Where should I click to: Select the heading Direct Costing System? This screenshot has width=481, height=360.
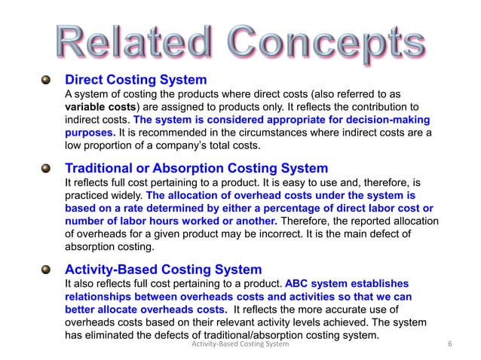pyautogui.click(x=136, y=79)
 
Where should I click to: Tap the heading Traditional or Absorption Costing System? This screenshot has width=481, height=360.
pyautogui.click(x=196, y=168)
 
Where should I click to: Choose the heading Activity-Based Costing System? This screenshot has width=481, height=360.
pyautogui.click(x=163, y=269)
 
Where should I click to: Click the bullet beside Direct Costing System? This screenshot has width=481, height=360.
pyautogui.click(x=47, y=79)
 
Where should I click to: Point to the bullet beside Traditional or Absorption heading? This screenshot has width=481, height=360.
pyautogui.click(x=47, y=168)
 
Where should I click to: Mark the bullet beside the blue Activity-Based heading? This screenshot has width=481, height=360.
pyautogui.click(x=47, y=269)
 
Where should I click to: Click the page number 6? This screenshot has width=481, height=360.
pyautogui.click(x=449, y=345)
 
